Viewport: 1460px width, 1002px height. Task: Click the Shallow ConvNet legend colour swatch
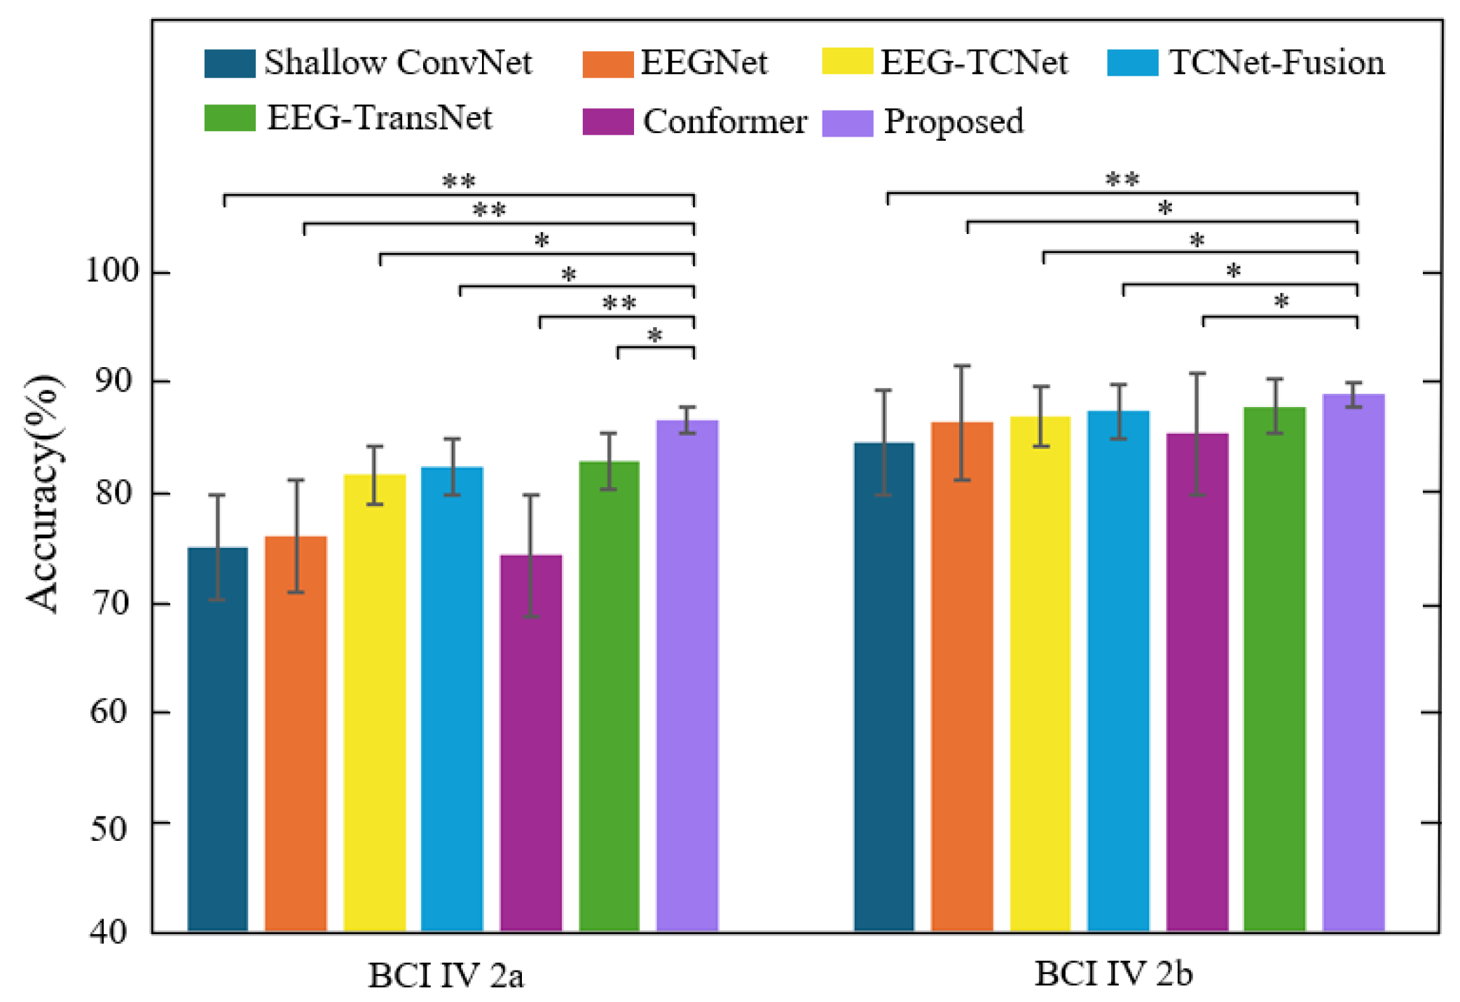[x=230, y=63]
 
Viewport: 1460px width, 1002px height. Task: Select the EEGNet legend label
[x=703, y=63]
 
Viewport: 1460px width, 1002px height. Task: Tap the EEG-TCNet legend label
[x=974, y=63]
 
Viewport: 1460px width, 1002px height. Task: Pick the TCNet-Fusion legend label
[x=1276, y=63]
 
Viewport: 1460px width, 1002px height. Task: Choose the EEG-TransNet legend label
[x=380, y=118]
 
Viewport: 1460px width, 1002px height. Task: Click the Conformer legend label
[x=724, y=122]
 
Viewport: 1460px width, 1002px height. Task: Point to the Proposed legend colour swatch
[x=847, y=123]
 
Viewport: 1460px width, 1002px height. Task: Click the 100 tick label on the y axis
[x=112, y=270]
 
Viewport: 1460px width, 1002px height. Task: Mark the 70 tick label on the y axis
[x=112, y=603]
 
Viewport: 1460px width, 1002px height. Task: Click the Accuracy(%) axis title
[x=43, y=493]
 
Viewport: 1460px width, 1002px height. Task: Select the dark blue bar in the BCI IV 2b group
[x=884, y=687]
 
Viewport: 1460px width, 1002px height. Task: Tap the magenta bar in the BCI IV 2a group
[x=531, y=743]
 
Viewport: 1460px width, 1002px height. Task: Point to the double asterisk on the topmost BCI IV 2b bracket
[x=1122, y=180]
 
